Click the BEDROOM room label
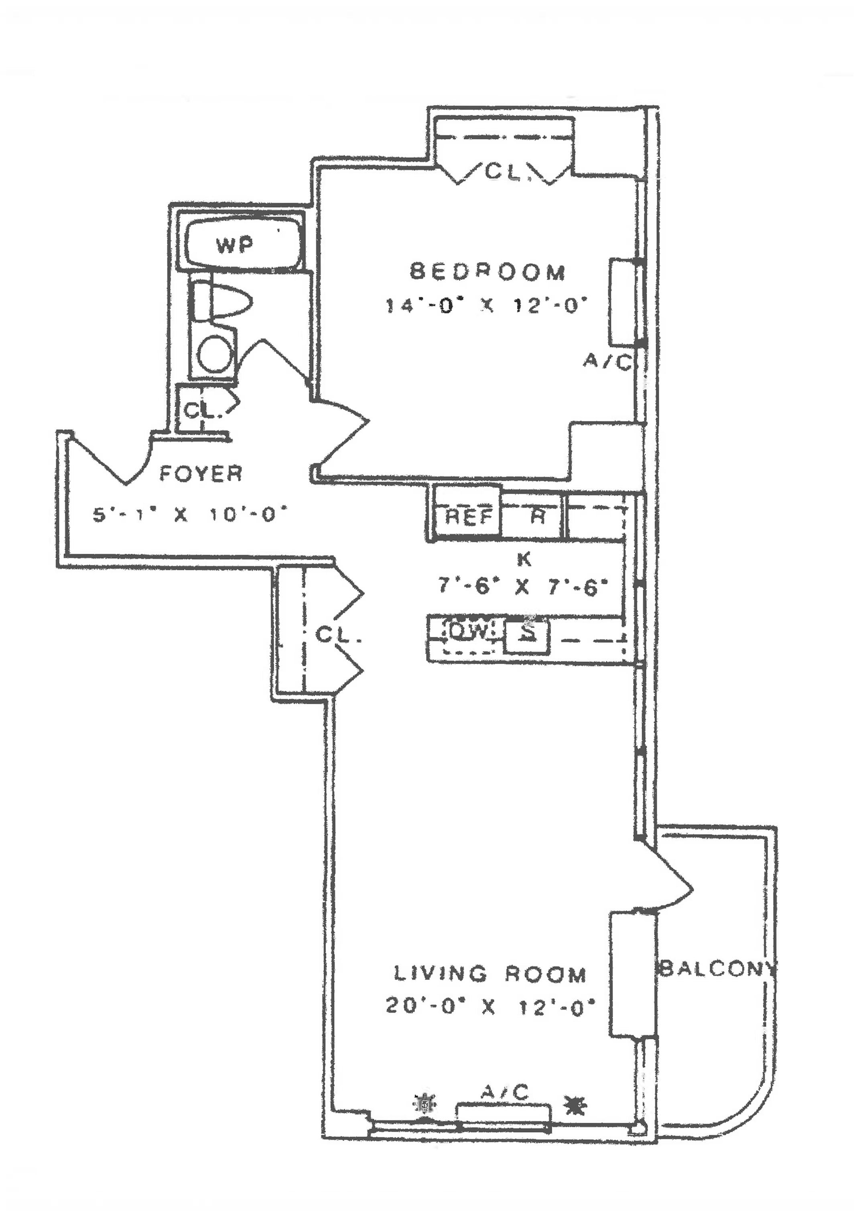point(488,272)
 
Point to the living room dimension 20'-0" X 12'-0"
point(490,1006)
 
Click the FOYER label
point(201,473)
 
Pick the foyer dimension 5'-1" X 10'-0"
point(189,514)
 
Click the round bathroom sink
point(215,353)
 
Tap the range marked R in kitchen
point(536,516)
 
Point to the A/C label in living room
point(505,1092)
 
